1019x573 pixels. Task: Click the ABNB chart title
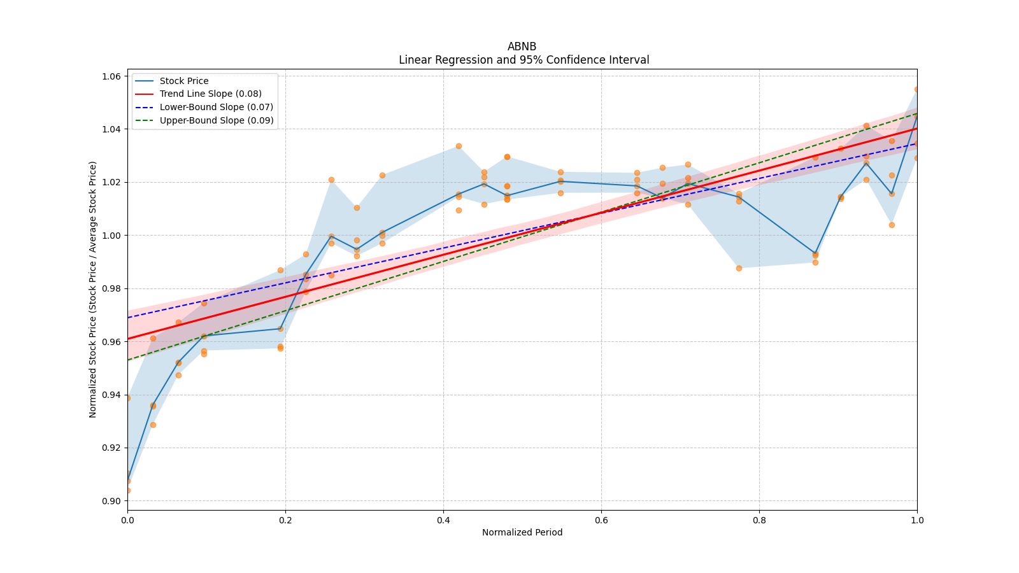point(522,46)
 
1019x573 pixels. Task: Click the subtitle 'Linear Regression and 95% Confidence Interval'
point(524,60)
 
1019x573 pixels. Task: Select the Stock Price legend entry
point(184,81)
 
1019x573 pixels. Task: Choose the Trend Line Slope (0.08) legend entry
point(210,94)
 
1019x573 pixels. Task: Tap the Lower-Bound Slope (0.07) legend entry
point(216,107)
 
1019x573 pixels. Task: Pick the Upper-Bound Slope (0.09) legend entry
point(217,120)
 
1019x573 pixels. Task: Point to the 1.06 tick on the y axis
point(112,76)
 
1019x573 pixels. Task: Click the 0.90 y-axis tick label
point(112,501)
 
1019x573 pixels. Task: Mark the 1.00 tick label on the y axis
point(112,236)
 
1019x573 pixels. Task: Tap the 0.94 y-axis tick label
point(112,395)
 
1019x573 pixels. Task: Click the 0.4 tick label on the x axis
point(443,520)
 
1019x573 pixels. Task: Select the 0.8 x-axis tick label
point(759,520)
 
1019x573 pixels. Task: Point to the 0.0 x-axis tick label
point(127,520)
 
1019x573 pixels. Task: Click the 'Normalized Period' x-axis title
point(522,532)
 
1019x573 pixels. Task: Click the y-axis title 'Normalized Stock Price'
point(93,289)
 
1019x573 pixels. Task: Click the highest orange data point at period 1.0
point(916,89)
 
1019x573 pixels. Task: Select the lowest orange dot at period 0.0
point(128,490)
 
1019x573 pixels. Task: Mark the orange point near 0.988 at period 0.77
point(739,268)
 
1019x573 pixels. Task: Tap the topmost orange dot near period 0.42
point(459,146)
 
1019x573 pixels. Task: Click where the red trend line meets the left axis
point(128,339)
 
